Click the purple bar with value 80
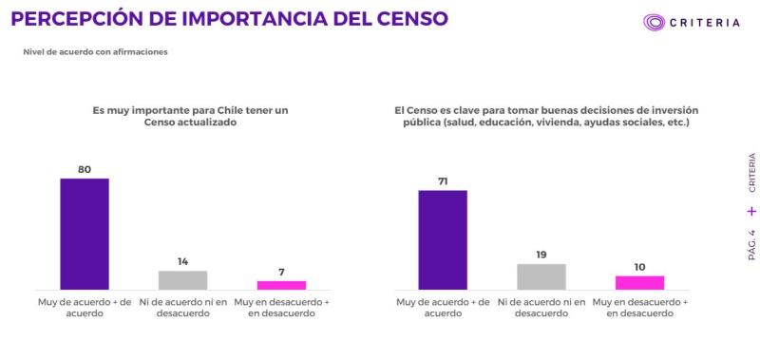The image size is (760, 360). tap(85, 234)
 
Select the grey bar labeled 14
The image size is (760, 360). tap(182, 279)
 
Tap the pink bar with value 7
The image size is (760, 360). tap(281, 284)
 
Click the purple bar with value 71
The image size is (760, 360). tap(443, 239)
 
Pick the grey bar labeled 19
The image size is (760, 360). tap(541, 276)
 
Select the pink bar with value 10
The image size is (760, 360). tap(639, 282)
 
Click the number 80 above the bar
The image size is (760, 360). tap(85, 169)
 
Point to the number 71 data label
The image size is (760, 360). tap(443, 180)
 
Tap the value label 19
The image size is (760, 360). tap(541, 254)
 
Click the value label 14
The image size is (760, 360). tap(182, 261)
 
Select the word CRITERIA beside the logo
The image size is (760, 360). tap(705, 22)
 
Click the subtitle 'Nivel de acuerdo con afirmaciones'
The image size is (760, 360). tap(95, 51)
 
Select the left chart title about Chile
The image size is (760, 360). tap(190, 117)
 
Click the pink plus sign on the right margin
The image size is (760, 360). tap(751, 211)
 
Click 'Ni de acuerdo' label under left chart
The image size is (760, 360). tap(182, 308)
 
